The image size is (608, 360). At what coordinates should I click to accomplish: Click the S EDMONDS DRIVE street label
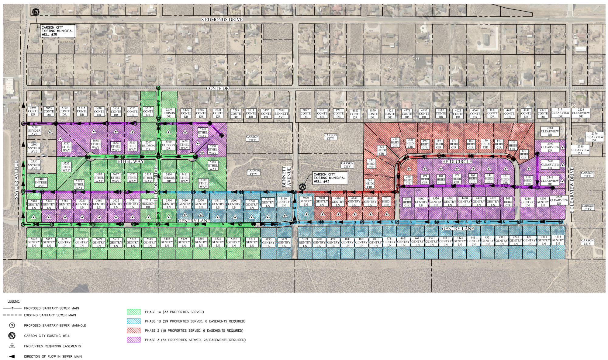(222, 20)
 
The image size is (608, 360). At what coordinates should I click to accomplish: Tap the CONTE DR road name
(217, 88)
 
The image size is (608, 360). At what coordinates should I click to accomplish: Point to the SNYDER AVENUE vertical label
(16, 180)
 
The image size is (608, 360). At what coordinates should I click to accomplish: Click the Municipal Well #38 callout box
(57, 31)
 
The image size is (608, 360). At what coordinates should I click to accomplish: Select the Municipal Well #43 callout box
(330, 178)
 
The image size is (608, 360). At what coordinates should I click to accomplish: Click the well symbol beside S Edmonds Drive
(36, 12)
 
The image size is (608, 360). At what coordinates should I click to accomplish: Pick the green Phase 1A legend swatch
(134, 312)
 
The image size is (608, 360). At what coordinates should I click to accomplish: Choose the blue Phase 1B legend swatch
(134, 321)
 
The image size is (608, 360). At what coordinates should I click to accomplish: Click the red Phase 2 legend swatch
(134, 331)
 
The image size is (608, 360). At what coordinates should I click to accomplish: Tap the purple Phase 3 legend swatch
(134, 340)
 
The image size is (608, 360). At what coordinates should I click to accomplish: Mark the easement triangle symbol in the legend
(12, 346)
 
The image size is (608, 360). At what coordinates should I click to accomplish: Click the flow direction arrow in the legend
(12, 356)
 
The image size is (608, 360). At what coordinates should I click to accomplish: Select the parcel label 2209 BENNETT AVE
(281, 113)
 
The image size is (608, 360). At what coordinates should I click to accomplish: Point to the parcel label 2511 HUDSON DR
(148, 203)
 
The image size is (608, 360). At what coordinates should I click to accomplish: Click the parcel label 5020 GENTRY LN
(306, 201)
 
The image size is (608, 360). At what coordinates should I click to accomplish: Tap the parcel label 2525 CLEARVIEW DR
(559, 200)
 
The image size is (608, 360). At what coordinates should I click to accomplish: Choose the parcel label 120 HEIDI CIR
(523, 154)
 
